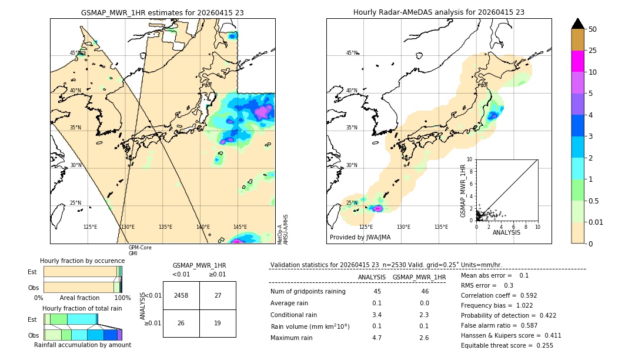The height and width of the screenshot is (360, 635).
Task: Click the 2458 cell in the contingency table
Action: pos(181,296)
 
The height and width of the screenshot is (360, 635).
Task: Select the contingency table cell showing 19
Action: pos(218,323)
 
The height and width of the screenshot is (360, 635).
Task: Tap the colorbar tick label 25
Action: pos(593,51)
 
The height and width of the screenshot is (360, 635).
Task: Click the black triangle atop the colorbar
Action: pos(578,24)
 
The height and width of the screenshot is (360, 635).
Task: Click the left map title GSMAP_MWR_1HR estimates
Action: pos(162,12)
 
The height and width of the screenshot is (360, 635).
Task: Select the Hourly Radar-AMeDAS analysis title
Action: pos(439,12)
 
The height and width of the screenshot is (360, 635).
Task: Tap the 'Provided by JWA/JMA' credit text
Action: pos(360,238)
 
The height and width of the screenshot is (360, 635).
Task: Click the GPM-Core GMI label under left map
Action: pos(140,251)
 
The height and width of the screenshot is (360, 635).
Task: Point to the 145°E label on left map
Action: pos(240,227)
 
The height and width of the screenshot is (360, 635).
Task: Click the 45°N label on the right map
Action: pos(352,53)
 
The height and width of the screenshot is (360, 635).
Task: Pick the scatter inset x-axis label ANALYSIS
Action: pos(507,232)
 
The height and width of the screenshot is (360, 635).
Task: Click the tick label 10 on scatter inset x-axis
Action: pos(537,226)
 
